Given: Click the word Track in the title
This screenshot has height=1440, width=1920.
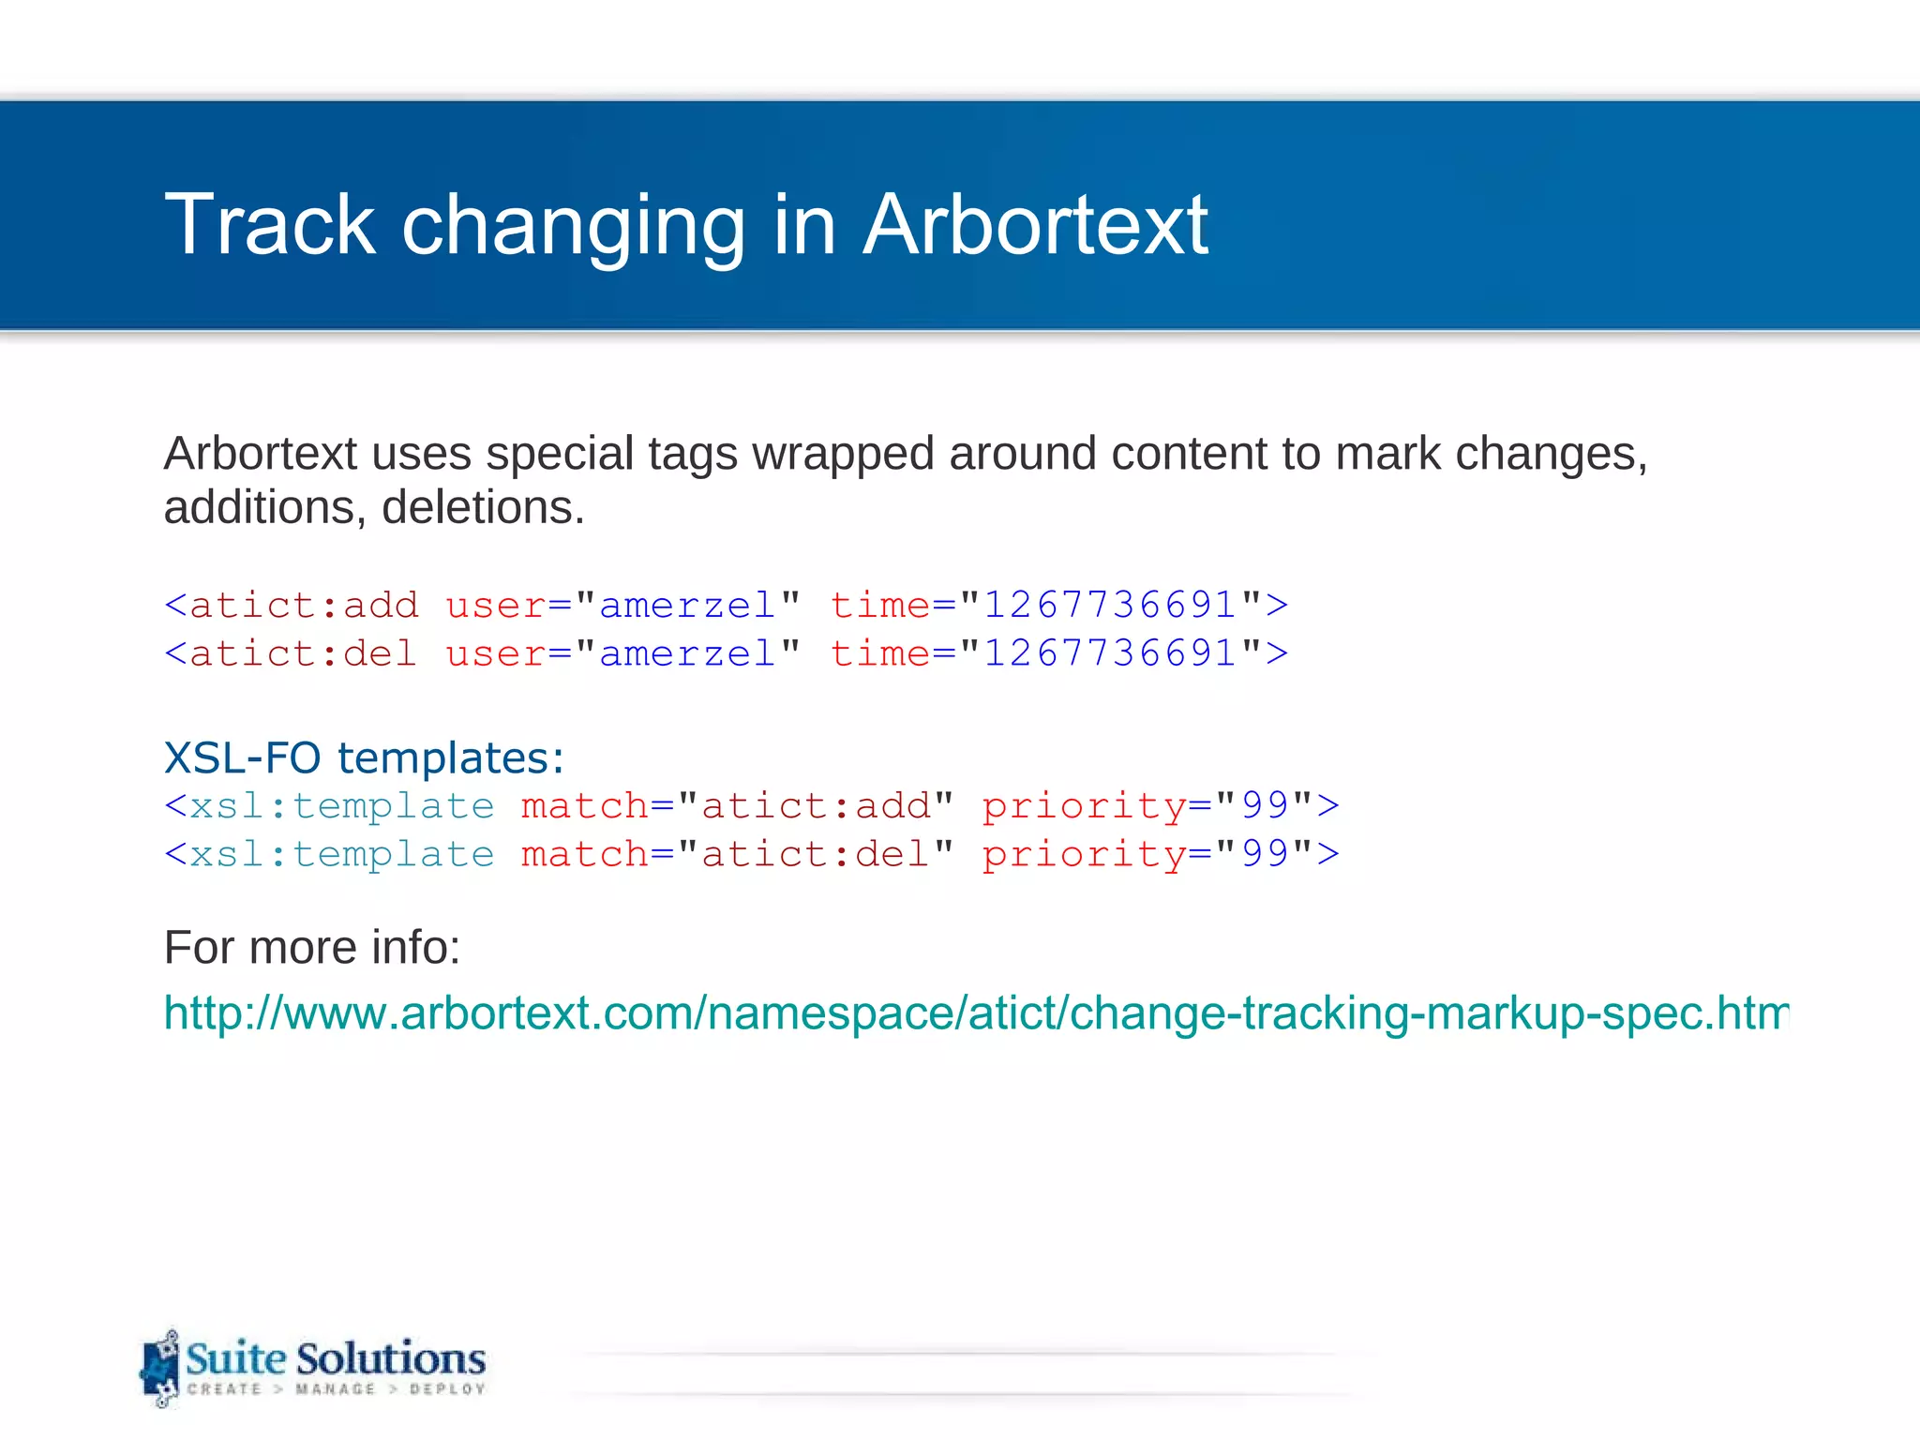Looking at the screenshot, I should (270, 225).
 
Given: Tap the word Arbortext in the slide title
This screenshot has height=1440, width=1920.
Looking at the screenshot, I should (1035, 225).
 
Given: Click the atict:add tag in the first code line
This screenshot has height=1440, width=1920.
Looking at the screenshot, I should (304, 606).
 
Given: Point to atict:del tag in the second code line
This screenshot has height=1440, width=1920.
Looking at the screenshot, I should (303, 654).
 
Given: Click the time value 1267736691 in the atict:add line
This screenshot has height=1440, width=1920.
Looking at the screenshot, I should (1110, 606).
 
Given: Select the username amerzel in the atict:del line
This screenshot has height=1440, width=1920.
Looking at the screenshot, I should (687, 654).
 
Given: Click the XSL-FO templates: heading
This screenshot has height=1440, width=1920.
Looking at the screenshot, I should (364, 757).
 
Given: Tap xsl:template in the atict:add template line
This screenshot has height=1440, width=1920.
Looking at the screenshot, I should (341, 806).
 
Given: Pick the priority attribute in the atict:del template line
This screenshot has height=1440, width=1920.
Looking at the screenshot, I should (1084, 855).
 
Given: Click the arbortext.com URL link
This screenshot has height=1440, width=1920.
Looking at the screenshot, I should (975, 1013).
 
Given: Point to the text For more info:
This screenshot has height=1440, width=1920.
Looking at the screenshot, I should (312, 948).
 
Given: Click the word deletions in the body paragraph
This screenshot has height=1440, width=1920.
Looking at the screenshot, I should (483, 508).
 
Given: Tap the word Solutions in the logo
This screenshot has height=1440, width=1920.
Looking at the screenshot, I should (391, 1358).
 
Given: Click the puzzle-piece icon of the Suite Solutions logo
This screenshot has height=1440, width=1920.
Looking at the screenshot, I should (159, 1369).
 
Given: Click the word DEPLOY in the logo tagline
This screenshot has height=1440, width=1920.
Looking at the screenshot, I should (447, 1389).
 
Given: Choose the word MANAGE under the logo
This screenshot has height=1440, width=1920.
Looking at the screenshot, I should (335, 1389).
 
